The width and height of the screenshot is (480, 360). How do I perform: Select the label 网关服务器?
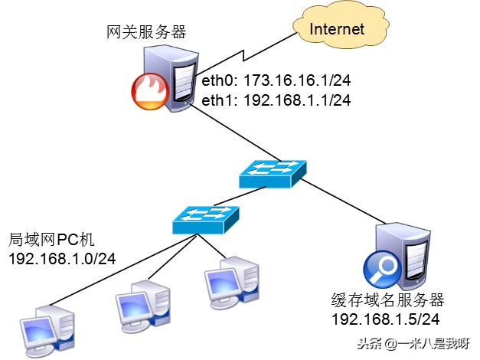click(x=146, y=32)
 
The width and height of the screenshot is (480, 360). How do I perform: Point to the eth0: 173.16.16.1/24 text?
click(x=276, y=80)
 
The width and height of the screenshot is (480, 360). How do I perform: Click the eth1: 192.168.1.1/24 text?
click(x=276, y=100)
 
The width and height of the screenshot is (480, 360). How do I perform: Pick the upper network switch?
click(x=273, y=174)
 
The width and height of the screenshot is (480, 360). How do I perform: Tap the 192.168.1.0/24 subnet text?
click(x=61, y=259)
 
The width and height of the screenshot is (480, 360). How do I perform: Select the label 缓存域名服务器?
click(x=387, y=299)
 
